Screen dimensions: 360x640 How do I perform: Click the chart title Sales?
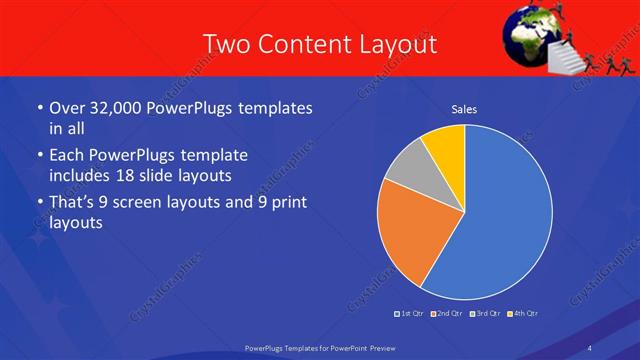(x=464, y=108)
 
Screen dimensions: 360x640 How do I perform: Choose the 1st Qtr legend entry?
(x=410, y=313)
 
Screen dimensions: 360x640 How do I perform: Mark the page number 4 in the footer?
(x=589, y=347)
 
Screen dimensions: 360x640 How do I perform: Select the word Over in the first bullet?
(x=67, y=108)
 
